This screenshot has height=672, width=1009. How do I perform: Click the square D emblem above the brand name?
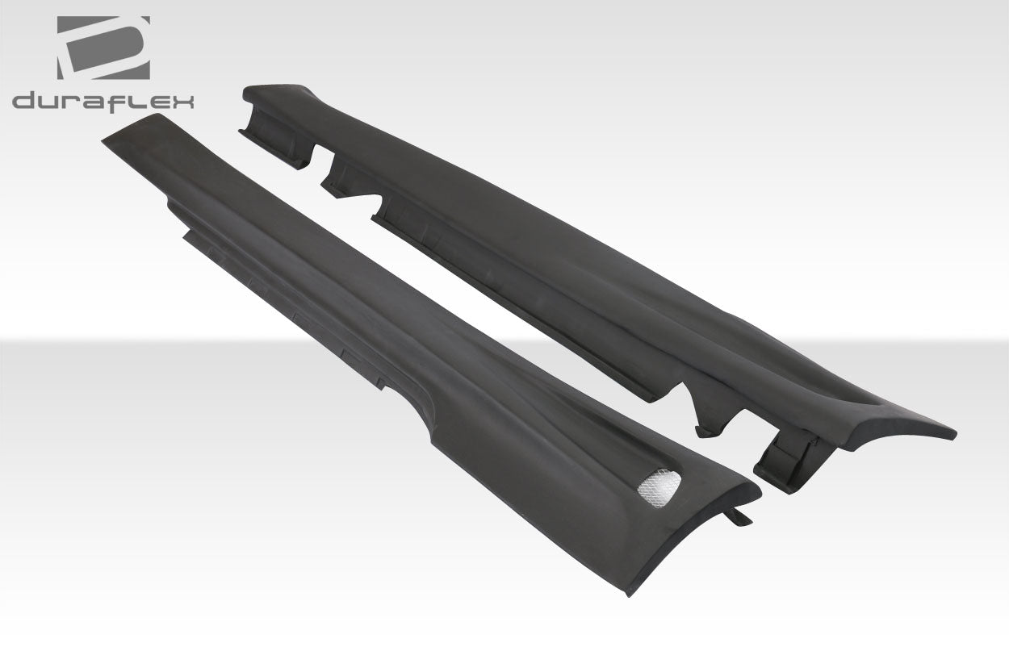(x=103, y=48)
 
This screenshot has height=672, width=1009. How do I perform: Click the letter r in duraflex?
(x=70, y=102)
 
